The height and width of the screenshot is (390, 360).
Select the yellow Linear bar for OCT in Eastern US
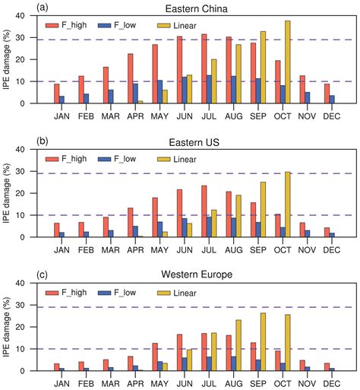click(x=287, y=205)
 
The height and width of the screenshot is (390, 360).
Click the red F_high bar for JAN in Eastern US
click(x=56, y=230)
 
